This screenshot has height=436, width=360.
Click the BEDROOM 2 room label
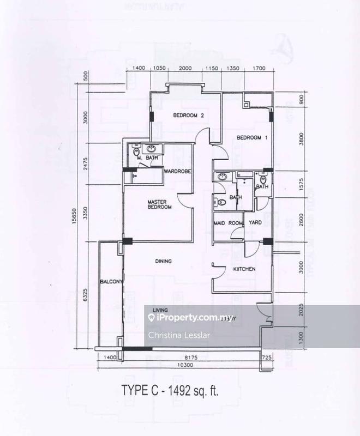tap(188, 116)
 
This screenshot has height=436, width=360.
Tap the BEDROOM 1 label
tap(251, 138)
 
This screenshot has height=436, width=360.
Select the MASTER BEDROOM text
tap(160, 204)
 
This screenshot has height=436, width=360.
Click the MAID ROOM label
tap(227, 222)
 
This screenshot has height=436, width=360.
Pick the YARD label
tap(255, 222)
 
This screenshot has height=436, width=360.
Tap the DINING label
tap(163, 261)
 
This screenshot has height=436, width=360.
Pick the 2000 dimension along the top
tap(185, 68)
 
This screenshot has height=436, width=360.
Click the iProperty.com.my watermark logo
tap(184, 317)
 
